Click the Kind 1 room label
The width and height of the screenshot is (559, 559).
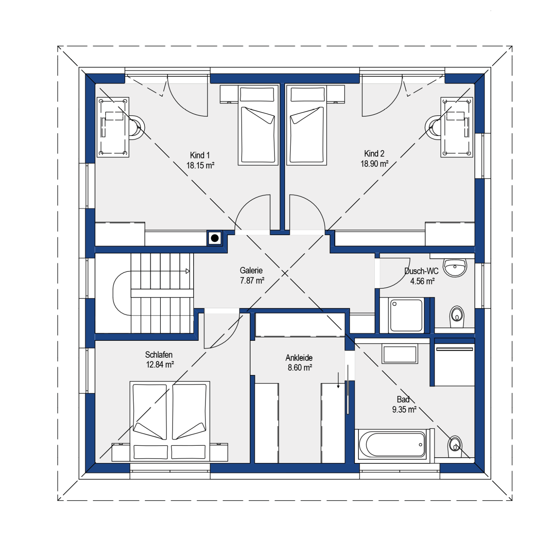click(x=200, y=155)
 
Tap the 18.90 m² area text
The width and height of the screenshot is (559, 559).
click(x=374, y=164)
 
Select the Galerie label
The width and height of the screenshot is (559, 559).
click(x=251, y=270)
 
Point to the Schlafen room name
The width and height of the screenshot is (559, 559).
click(x=159, y=355)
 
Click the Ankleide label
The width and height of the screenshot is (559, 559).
click(x=299, y=358)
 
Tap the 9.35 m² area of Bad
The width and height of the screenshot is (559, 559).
click(x=404, y=410)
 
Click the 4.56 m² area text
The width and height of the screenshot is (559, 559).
click(x=422, y=281)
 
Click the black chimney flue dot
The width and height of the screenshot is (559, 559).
click(x=215, y=238)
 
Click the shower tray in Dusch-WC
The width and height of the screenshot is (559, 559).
click(x=406, y=315)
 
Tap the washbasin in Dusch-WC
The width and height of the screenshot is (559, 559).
click(x=455, y=267)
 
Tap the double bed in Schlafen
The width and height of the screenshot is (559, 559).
click(x=170, y=421)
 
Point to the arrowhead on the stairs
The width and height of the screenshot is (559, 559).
click(x=188, y=271)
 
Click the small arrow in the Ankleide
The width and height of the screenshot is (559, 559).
click(x=338, y=380)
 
